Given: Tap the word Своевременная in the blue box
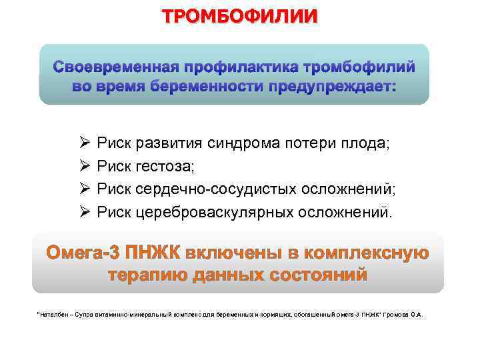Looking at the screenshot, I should tap(115, 67).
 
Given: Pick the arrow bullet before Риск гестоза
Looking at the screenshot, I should tap(85, 165).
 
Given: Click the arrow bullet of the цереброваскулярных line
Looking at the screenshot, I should tap(85, 212).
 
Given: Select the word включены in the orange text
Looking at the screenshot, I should tap(225, 254).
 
